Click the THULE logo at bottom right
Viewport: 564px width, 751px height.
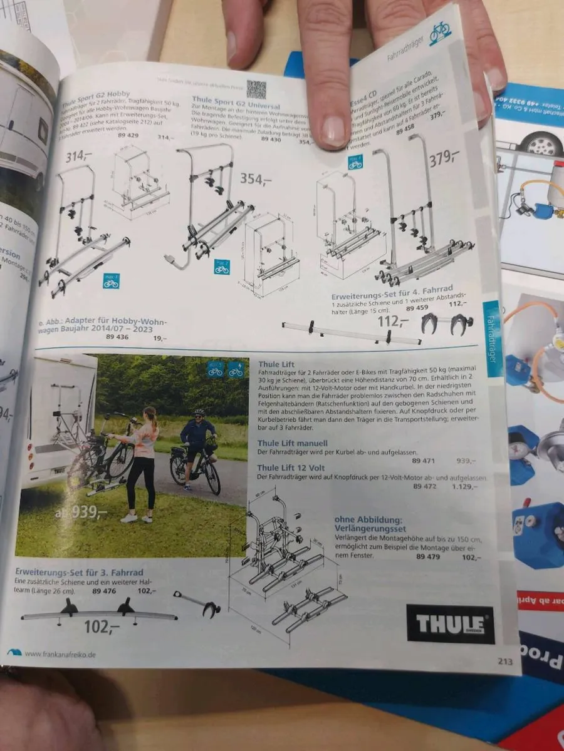[x=450, y=624]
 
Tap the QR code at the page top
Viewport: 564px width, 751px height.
[x=256, y=89]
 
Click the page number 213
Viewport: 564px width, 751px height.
[x=505, y=661]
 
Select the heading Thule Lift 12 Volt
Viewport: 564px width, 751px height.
[x=293, y=467]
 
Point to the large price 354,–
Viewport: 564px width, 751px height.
[x=256, y=180]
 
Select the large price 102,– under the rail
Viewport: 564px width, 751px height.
[x=102, y=626]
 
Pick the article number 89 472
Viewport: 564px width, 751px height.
[x=424, y=486]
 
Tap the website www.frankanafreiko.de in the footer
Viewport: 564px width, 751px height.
[x=60, y=655]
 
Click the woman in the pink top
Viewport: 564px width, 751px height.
[x=143, y=463]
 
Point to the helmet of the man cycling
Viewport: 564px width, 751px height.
[x=199, y=413]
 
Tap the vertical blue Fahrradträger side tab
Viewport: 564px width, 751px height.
[x=492, y=338]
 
